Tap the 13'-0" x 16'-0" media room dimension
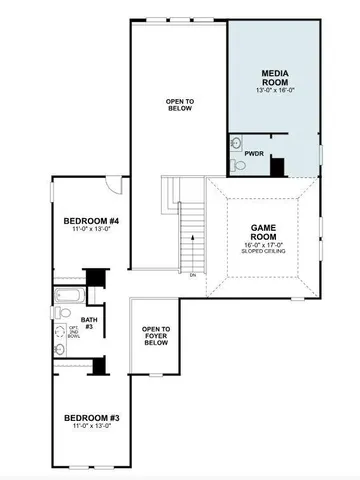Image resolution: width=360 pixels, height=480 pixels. pyautogui.click(x=274, y=90)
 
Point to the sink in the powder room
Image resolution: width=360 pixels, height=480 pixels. pyautogui.click(x=236, y=142)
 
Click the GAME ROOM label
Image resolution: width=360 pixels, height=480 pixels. pyautogui.click(x=262, y=232)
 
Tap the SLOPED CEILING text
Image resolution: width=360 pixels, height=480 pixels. pyautogui.click(x=262, y=251)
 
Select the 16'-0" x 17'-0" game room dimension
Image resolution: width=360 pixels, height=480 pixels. pyautogui.click(x=262, y=243)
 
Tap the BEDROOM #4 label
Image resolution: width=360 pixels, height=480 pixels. pyautogui.click(x=91, y=221)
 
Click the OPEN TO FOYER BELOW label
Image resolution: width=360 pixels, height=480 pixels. pyautogui.click(x=155, y=335)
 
